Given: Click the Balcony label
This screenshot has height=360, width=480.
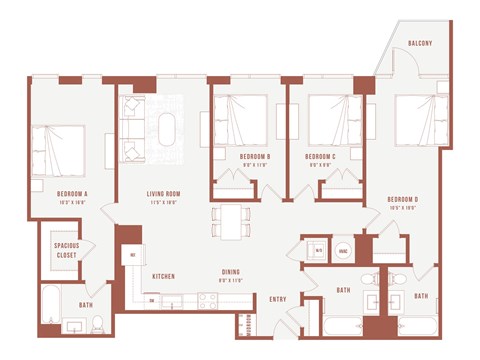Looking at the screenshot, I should pyautogui.click(x=420, y=43).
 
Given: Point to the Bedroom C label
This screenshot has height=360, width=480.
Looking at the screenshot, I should pyautogui.click(x=319, y=157).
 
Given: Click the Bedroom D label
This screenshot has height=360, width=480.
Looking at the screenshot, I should pyautogui.click(x=402, y=200).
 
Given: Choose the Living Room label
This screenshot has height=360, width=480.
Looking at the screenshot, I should pyautogui.click(x=158, y=195).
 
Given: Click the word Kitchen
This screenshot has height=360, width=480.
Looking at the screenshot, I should pyautogui.click(x=164, y=275).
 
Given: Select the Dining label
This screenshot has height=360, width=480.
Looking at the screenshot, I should pyautogui.click(x=231, y=272).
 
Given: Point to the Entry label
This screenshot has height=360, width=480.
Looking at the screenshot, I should pyautogui.click(x=278, y=299).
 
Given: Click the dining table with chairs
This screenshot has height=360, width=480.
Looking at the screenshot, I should pyautogui.click(x=232, y=221).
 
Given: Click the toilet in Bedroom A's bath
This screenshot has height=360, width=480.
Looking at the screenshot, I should pyautogui.click(x=98, y=322).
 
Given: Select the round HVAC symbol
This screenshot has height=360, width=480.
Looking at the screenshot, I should pyautogui.click(x=343, y=251).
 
